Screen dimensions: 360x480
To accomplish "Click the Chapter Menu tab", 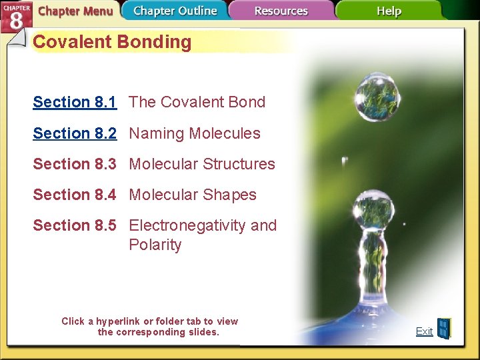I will pos(75,11).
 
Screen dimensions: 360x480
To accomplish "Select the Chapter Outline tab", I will pos(175,11).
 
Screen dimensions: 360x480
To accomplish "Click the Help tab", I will pos(389,11).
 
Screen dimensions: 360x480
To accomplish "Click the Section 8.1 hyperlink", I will pos(75,102).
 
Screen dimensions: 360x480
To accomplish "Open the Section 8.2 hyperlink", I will pos(75,133).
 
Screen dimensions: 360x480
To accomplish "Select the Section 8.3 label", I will pos(75,164).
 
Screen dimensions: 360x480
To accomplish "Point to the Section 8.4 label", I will pos(75,195).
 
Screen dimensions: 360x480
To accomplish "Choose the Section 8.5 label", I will pos(75,225).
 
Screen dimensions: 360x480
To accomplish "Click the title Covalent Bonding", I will pos(112,42).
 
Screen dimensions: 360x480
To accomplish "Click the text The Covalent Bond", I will pos(197,102).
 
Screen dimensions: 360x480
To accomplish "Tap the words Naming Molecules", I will pos(195,133).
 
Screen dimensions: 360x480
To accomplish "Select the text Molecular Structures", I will pos(202,164).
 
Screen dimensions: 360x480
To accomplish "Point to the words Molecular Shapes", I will pos(193,195).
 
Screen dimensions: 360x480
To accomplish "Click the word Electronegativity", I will pos(188,225).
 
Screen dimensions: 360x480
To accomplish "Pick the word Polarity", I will pos(155,245).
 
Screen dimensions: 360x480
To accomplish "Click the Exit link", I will pos(424,331).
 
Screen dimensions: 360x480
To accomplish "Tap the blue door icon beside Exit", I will pos(443,329).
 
